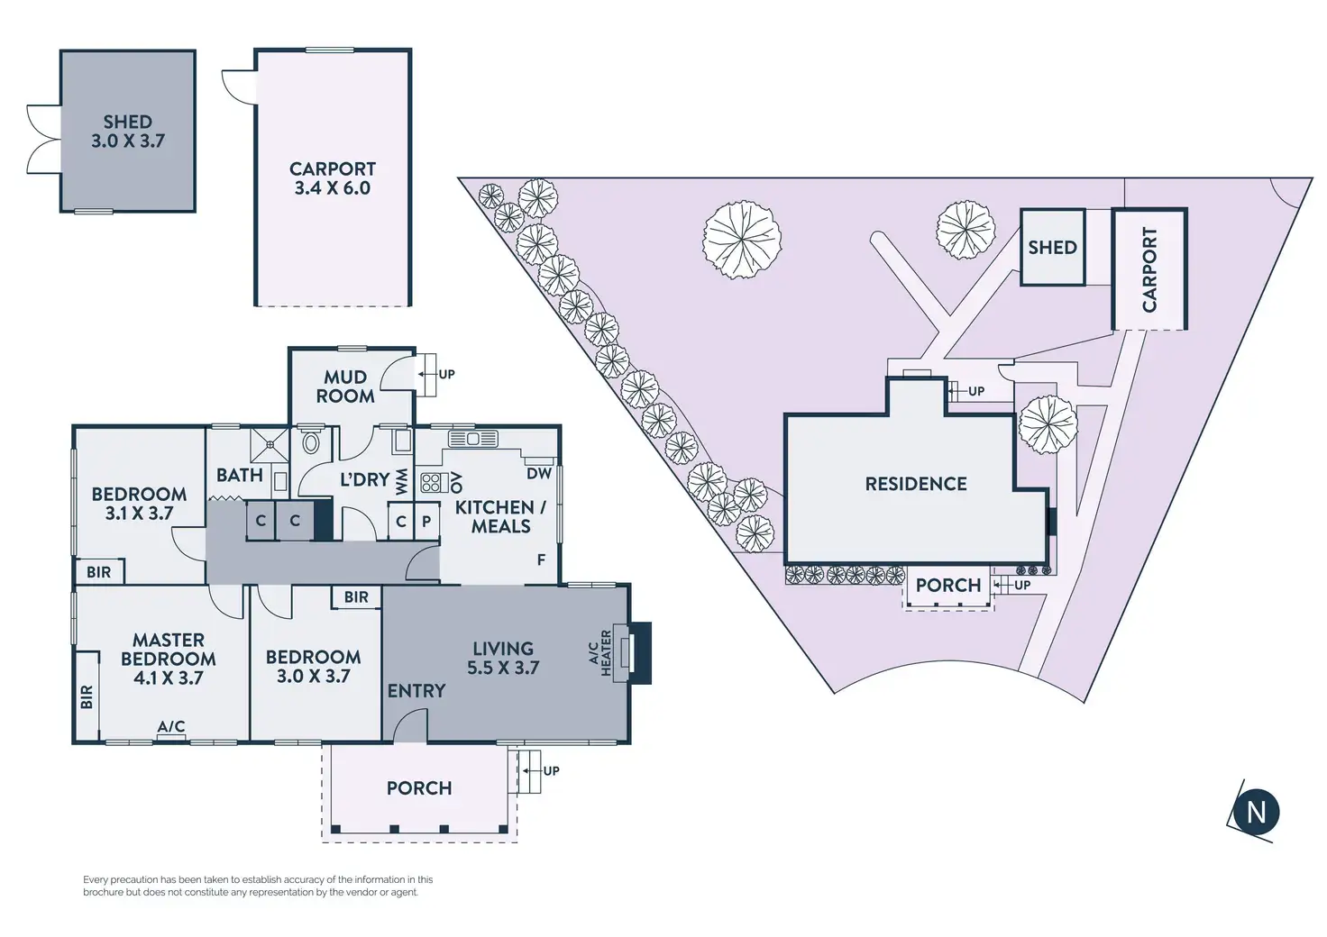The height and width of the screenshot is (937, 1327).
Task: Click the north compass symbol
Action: (1255, 811)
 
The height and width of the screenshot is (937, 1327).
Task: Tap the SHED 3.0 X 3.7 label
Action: (127, 132)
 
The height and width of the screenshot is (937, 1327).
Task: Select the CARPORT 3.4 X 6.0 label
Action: (332, 178)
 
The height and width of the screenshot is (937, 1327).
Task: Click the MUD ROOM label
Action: (345, 387)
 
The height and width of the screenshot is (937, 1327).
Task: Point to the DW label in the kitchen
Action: (539, 474)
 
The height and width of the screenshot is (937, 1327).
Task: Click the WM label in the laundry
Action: (401, 480)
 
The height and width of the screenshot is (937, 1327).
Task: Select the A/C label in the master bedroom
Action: (171, 726)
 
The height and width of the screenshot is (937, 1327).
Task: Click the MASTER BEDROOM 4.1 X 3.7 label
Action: (169, 659)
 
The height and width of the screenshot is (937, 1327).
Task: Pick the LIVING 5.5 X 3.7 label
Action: (503, 658)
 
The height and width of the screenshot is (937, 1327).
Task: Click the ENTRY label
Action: (416, 691)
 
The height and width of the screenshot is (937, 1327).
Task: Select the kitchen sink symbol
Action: (472, 439)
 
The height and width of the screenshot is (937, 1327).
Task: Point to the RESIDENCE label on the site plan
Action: (915, 484)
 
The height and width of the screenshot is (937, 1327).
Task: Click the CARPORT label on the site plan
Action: (1149, 269)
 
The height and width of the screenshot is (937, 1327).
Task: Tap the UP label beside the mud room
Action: (446, 374)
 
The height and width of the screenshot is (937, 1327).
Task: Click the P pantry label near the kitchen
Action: (426, 522)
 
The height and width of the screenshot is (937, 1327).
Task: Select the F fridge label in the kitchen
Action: (542, 560)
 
